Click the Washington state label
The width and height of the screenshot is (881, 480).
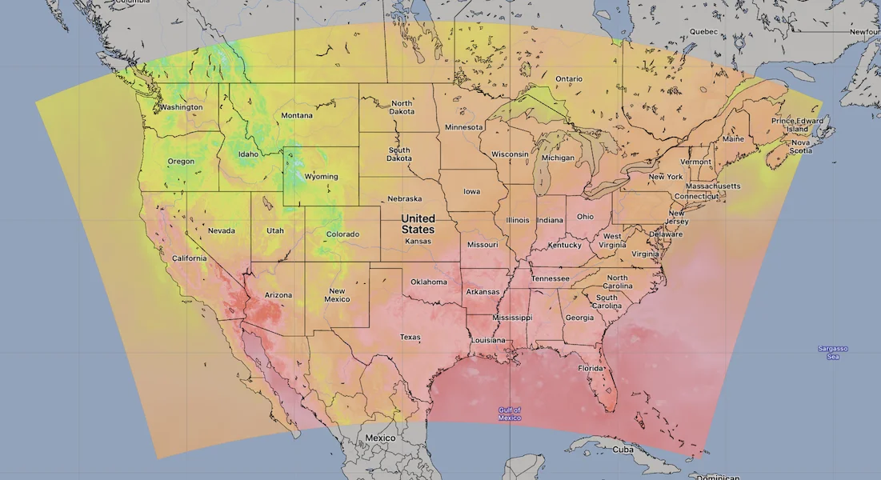[x=181, y=107]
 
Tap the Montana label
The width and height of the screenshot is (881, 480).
[x=297, y=116]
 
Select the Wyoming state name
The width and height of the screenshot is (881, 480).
[x=321, y=177]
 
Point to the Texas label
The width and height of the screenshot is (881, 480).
[x=410, y=338]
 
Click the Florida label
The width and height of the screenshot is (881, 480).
[x=591, y=369]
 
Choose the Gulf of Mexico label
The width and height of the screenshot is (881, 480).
[x=510, y=414]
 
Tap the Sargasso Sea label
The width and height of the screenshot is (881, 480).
[x=832, y=352]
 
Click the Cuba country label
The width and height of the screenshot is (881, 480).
[x=623, y=449]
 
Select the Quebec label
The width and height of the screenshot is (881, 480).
[x=704, y=32]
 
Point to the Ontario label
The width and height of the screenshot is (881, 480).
[x=569, y=79]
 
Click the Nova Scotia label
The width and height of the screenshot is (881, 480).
[x=801, y=146]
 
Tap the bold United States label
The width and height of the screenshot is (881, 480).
[x=418, y=224]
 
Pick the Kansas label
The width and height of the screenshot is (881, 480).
[x=418, y=241]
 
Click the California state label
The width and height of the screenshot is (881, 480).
[x=190, y=258]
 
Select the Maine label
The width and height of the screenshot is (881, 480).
[x=732, y=139]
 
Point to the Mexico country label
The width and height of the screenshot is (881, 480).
[x=380, y=438]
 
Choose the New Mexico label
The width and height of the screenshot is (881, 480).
[x=337, y=295]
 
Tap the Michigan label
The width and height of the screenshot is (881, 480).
[x=558, y=158]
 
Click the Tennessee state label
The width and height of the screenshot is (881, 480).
[x=551, y=278]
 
